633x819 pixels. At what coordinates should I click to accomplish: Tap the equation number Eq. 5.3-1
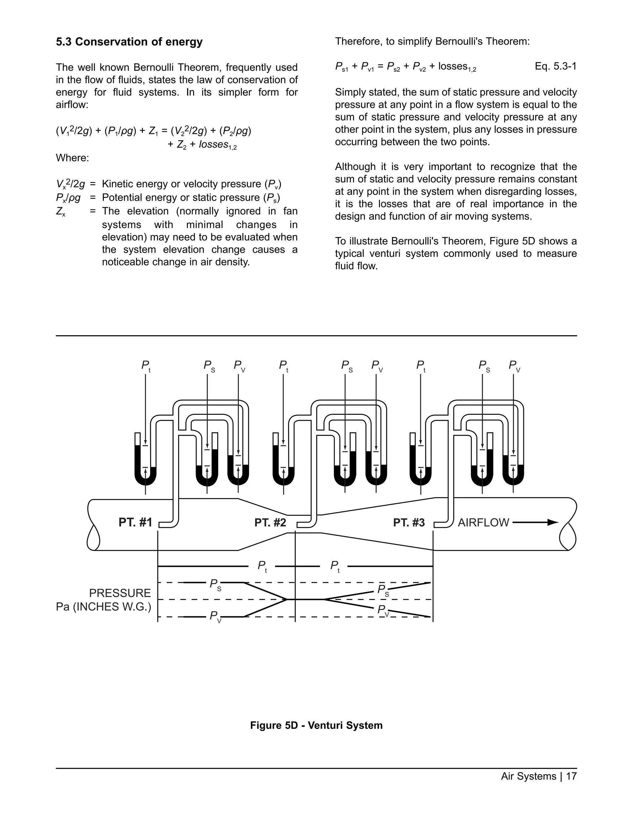click(555, 66)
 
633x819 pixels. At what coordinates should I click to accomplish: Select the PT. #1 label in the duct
click(135, 522)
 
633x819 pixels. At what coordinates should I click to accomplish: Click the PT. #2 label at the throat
click(270, 522)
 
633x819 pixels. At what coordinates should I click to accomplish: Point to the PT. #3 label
click(409, 522)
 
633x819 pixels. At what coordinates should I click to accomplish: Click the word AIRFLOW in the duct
click(483, 522)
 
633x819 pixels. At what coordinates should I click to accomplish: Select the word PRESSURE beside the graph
click(120, 593)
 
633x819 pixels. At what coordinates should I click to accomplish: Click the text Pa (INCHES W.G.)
click(104, 607)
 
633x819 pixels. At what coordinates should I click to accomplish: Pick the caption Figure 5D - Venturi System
click(316, 725)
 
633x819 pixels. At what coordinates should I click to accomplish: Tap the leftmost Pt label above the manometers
click(146, 366)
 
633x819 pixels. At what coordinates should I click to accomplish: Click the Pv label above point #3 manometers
click(514, 366)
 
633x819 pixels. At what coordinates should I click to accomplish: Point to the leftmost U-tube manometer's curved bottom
click(146, 480)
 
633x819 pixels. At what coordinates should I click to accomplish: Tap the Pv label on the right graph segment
click(383, 610)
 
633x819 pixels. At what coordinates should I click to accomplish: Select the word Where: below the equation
click(72, 158)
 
